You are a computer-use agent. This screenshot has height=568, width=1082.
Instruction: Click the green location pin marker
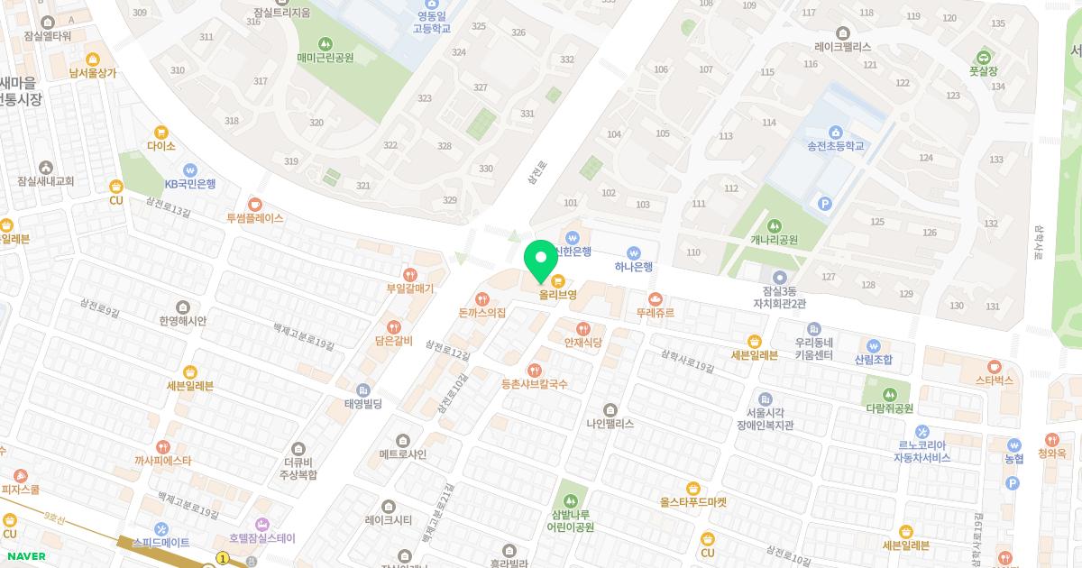coord(541,261)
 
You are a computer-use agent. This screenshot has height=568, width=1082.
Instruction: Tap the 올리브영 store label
coord(558,295)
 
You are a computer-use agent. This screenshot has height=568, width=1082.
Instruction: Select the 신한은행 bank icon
coord(572,237)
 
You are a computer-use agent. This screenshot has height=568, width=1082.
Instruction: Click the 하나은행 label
coord(633,267)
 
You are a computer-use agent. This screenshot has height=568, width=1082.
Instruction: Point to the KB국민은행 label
coord(189,184)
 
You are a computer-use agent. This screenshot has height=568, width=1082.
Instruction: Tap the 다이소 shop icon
coord(161,133)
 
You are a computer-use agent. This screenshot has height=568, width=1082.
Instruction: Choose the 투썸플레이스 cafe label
coord(255,218)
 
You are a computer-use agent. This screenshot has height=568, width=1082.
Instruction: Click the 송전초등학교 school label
coord(835,146)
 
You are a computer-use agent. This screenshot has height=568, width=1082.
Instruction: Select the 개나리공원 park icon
coord(774,225)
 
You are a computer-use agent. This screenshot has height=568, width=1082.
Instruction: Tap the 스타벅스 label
coord(995,380)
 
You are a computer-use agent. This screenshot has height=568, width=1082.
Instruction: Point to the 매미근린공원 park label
coord(325,58)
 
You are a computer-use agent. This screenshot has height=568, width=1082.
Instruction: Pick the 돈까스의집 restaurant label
coord(482,313)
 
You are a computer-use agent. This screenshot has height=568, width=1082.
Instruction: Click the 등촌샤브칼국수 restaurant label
coord(535,384)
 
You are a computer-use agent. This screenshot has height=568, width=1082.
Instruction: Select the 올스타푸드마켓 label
coord(692,502)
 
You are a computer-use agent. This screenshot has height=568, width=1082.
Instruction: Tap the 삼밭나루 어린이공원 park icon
coord(568,499)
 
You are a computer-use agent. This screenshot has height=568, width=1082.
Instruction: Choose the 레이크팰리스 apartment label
coord(842,46)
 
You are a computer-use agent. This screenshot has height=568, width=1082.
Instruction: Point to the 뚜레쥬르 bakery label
coord(655,313)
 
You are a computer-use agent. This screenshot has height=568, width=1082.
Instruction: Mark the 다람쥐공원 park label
coord(890,408)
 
